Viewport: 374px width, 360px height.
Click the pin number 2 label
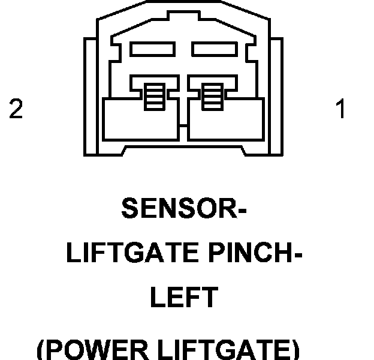tap(16, 110)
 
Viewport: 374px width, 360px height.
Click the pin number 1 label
tap(340, 110)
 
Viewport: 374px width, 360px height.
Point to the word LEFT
tap(183, 298)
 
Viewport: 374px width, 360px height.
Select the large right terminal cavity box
tap(225, 120)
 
